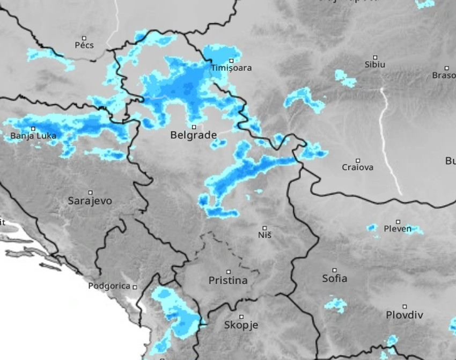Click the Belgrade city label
point(193,135)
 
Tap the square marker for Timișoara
point(232,61)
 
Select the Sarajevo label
point(90,201)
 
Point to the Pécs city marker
point(84,38)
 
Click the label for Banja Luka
point(33,136)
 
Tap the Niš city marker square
point(264,228)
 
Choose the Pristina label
point(228,281)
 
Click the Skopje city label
point(241,325)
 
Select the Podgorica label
point(109,286)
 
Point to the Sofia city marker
point(334,270)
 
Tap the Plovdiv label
point(404,315)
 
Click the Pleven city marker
point(398,222)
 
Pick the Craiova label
point(358,167)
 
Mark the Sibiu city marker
point(375,57)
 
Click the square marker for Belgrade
point(194,127)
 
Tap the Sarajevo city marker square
point(90,193)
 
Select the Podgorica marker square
point(135,287)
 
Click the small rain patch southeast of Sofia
point(336,305)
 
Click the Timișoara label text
point(231,68)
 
